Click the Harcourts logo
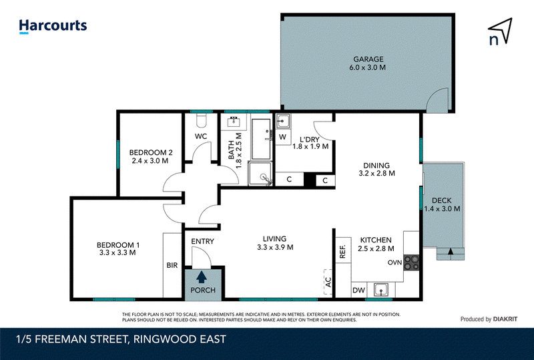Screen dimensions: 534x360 (53, 26)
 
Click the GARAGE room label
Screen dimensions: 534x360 (368, 59)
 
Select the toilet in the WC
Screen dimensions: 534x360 (202, 120)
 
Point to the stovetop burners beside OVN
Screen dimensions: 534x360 (411, 262)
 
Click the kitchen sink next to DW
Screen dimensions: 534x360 (380, 290)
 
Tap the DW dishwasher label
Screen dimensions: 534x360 (358, 290)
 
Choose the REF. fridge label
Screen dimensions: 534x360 (342, 251)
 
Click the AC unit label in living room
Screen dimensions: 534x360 (328, 282)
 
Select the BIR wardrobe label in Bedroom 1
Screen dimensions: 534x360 (172, 265)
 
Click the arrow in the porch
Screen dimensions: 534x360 (202, 277)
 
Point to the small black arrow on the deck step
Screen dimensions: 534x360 (451, 251)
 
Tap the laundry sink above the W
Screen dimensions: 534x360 (282, 121)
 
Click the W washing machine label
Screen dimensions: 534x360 (282, 137)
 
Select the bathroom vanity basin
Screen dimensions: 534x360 (234, 122)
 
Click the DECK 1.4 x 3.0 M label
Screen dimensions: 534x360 (442, 204)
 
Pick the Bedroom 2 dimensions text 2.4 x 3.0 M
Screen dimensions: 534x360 (150, 160)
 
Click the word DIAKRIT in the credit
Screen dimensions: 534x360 (505, 319)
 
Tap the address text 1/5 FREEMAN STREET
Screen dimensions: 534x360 (72, 339)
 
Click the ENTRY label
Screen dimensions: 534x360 (203, 241)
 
